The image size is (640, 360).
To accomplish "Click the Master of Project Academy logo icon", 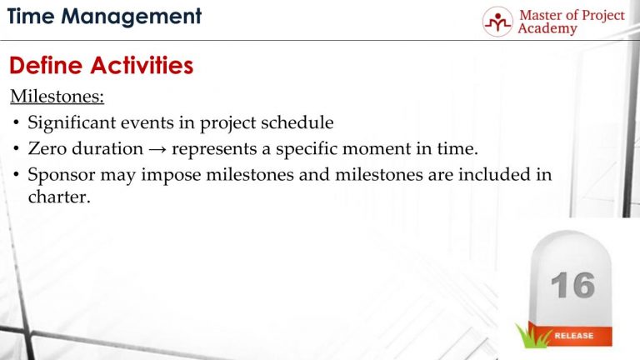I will tap(498, 21).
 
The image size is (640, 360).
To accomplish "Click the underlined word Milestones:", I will tap(57, 97).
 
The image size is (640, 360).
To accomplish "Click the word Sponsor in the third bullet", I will tap(61, 176).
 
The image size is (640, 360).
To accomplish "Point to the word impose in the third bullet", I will tap(162, 176).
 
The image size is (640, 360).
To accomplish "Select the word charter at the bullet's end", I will tap(57, 198).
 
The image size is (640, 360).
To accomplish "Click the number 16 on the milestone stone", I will tap(572, 286).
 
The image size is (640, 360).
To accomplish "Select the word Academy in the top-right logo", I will tap(547, 29).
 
